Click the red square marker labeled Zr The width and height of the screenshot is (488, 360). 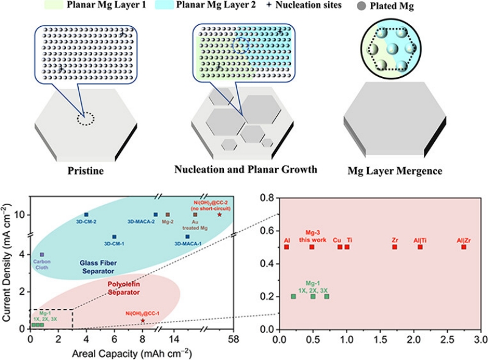pos(395,247)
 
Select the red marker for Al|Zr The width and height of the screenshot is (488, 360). pos(464,247)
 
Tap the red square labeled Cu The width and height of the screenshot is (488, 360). pos(340,247)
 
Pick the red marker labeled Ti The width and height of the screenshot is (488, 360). pos(347,247)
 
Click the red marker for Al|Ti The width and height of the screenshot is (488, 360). pos(420,247)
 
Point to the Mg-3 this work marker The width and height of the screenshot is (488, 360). pos(312,247)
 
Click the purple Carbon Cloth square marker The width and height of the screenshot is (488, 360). pos(41,254)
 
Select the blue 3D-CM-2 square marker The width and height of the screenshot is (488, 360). pos(86,215)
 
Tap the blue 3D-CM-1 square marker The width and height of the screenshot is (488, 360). pos(114,237)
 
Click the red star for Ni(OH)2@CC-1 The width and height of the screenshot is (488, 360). pos(143,320)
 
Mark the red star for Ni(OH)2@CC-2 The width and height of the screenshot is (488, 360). pos(220,214)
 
